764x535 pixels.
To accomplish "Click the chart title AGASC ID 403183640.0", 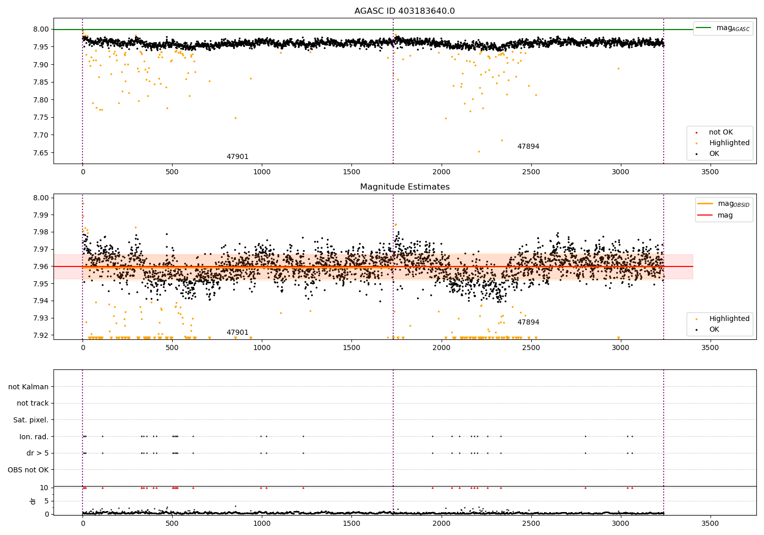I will click(404, 11).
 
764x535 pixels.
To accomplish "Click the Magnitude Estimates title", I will click(404, 187).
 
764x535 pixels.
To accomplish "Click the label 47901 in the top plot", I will click(237, 157).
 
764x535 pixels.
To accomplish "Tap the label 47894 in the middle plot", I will click(528, 323).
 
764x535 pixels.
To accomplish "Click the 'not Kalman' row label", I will click(29, 387).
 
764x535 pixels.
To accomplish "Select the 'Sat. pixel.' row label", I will click(31, 420).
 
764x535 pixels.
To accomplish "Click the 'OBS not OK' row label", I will click(28, 470).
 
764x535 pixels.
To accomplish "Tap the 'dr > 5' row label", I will click(38, 453).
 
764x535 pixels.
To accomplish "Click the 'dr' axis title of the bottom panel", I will click(33, 501).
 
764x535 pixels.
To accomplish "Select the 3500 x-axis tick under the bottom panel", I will click(710, 523).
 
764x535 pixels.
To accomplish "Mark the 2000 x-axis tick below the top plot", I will click(441, 172).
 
